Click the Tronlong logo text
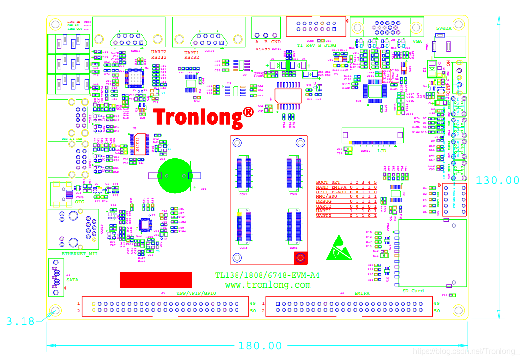pyautogui.click(x=203, y=118)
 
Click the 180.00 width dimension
pyautogui.click(x=260, y=346)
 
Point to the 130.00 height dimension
pyautogui.click(x=498, y=180)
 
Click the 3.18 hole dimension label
pyautogui.click(x=21, y=321)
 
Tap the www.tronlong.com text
pyautogui.click(x=267, y=285)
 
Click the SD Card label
pyautogui.click(x=413, y=291)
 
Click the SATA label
pyautogui.click(x=72, y=280)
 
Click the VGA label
pyautogui.click(x=417, y=42)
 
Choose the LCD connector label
pyautogui.click(x=382, y=151)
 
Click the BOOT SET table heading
pyautogui.click(x=328, y=182)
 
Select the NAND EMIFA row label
pyautogui.click(x=331, y=187)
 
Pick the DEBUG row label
pyautogui.click(x=324, y=201)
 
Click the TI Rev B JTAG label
pyautogui.click(x=316, y=45)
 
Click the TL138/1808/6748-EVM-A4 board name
pyautogui.click(x=267, y=276)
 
